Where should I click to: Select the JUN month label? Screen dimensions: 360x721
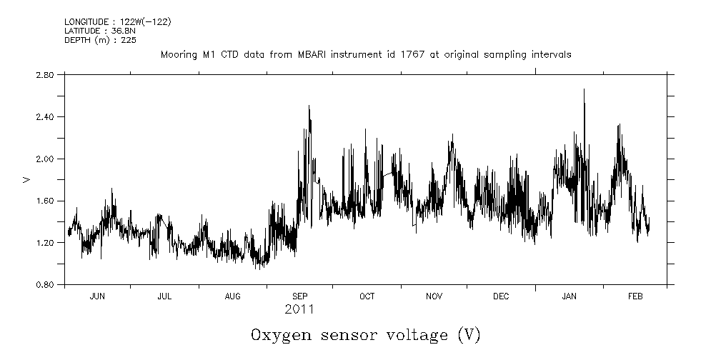pos(97,296)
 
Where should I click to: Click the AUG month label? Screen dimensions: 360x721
pos(233,296)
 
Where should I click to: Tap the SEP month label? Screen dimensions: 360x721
pos(300,296)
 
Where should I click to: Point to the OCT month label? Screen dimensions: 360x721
pos(367,296)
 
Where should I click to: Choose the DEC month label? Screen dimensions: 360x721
pos(501,296)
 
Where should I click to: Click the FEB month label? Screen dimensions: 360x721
pos(635,296)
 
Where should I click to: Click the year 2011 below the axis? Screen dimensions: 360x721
pos(299,310)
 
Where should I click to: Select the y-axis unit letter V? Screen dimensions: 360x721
pos(26,179)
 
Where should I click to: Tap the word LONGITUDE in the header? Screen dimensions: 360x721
pos(86,21)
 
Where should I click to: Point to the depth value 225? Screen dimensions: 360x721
pos(129,40)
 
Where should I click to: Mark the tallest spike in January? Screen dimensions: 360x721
pos(584,90)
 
